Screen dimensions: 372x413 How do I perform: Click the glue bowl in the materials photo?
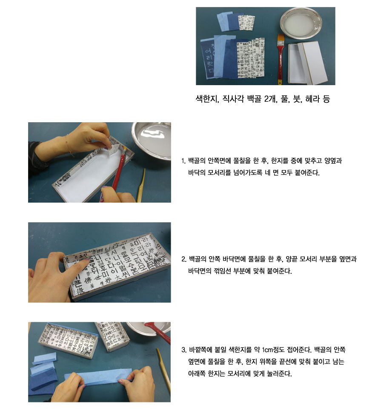coord(301,23)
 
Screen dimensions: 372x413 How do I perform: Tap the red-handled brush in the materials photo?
coord(280,59)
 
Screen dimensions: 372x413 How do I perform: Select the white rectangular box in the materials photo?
coord(307,63)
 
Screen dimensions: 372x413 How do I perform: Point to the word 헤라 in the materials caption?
coord(312,99)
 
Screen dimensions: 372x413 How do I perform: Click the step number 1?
coord(183,161)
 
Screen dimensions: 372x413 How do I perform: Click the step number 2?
coord(184,259)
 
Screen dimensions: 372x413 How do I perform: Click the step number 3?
coord(184,350)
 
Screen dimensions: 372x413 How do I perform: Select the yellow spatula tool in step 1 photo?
coord(141,186)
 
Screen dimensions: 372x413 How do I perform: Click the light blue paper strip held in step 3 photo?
coord(98,378)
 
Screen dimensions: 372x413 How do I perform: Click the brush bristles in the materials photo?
coord(281,39)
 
